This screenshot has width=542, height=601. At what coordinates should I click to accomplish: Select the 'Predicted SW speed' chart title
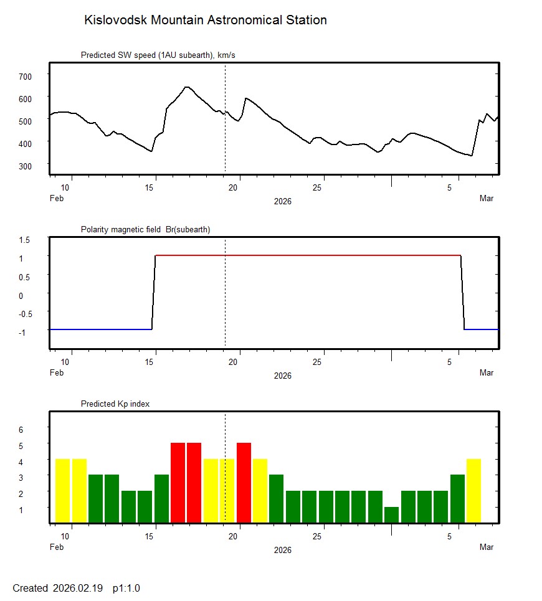click(x=158, y=55)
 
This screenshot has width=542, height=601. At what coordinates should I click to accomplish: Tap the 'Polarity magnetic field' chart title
click(x=145, y=229)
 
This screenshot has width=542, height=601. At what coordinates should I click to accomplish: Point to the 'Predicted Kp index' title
click(x=115, y=404)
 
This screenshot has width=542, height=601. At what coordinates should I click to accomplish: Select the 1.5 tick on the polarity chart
click(x=25, y=240)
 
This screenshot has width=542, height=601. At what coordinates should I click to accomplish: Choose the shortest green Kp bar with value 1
click(x=391, y=515)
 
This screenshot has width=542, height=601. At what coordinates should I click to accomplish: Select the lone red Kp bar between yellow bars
click(x=244, y=483)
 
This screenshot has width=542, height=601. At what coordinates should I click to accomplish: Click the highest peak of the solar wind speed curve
click(x=186, y=87)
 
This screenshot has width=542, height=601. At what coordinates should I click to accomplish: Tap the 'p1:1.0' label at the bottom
click(x=126, y=588)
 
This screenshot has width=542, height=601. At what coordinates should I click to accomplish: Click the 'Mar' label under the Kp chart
click(x=487, y=547)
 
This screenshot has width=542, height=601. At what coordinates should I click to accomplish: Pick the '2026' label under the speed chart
click(x=282, y=201)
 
